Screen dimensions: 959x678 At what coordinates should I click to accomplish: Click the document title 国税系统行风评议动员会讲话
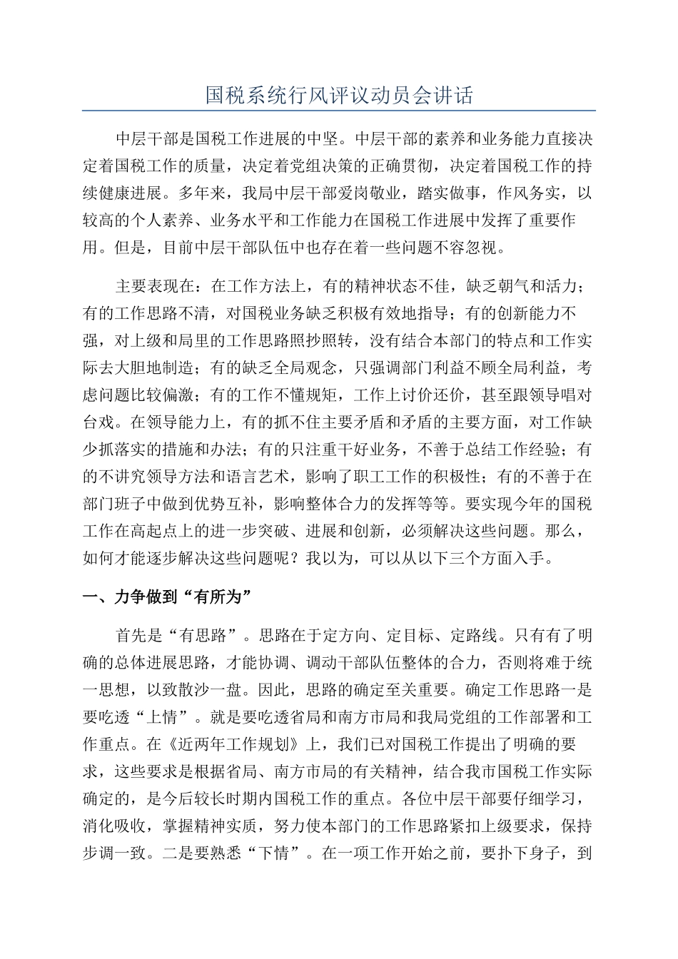click(339, 96)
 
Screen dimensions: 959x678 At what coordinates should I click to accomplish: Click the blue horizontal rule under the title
click(339, 111)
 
